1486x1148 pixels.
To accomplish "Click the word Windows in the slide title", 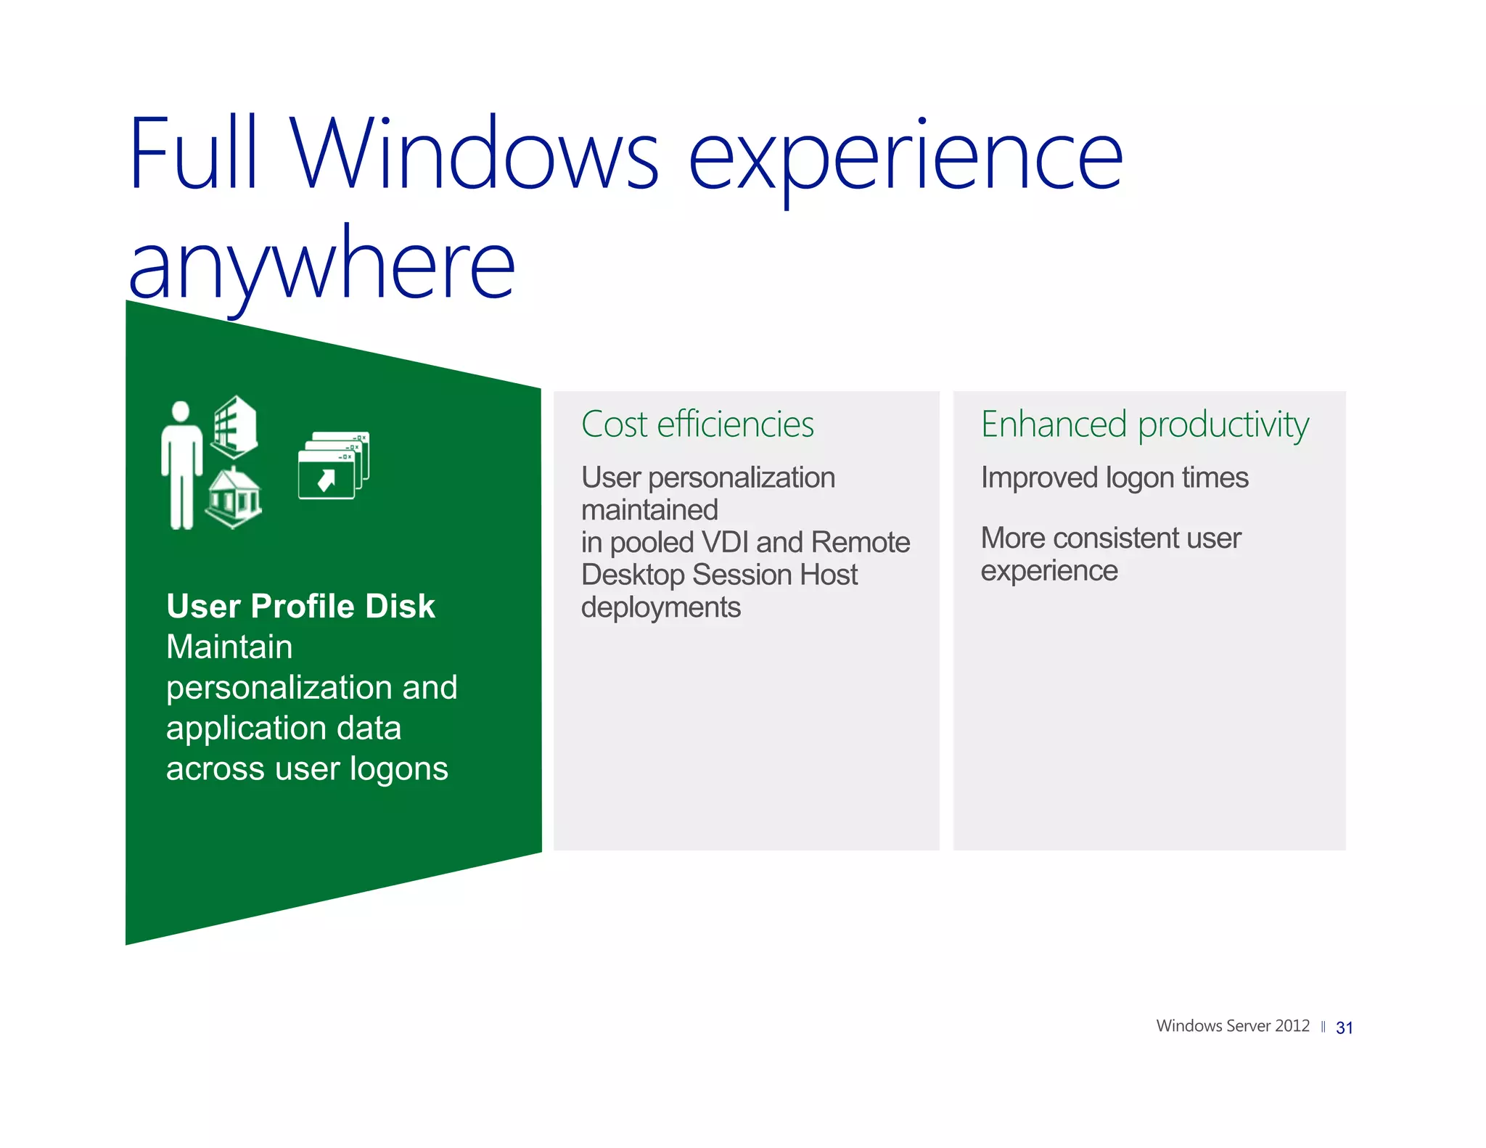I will pyautogui.click(x=475, y=154).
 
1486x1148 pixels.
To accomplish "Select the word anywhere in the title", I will pyautogui.click(x=321, y=265).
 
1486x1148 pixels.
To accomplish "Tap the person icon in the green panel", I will pyautogui.click(x=181, y=465).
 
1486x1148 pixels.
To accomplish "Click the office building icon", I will pyautogui.click(x=234, y=427).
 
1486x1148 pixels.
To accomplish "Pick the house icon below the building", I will pyautogui.click(x=234, y=499).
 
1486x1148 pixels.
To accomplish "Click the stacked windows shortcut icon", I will pyautogui.click(x=333, y=465).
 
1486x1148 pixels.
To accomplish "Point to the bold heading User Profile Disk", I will pyautogui.click(x=300, y=606).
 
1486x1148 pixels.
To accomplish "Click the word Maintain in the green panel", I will pyautogui.click(x=229, y=647).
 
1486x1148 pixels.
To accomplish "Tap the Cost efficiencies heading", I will pyautogui.click(x=697, y=425).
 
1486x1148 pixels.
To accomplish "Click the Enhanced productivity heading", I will pyautogui.click(x=1144, y=425).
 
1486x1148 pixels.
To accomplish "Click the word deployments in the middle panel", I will pyautogui.click(x=660, y=607).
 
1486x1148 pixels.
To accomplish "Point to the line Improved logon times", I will pyautogui.click(x=1114, y=477).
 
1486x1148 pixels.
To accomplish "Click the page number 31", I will pyautogui.click(x=1344, y=1028).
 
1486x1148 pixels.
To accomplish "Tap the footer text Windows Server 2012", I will pyautogui.click(x=1232, y=1026).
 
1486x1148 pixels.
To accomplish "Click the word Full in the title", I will pyautogui.click(x=193, y=154).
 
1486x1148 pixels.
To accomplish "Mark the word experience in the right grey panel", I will pyautogui.click(x=1048, y=571).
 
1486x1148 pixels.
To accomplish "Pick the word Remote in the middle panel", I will pyautogui.click(x=860, y=542).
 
